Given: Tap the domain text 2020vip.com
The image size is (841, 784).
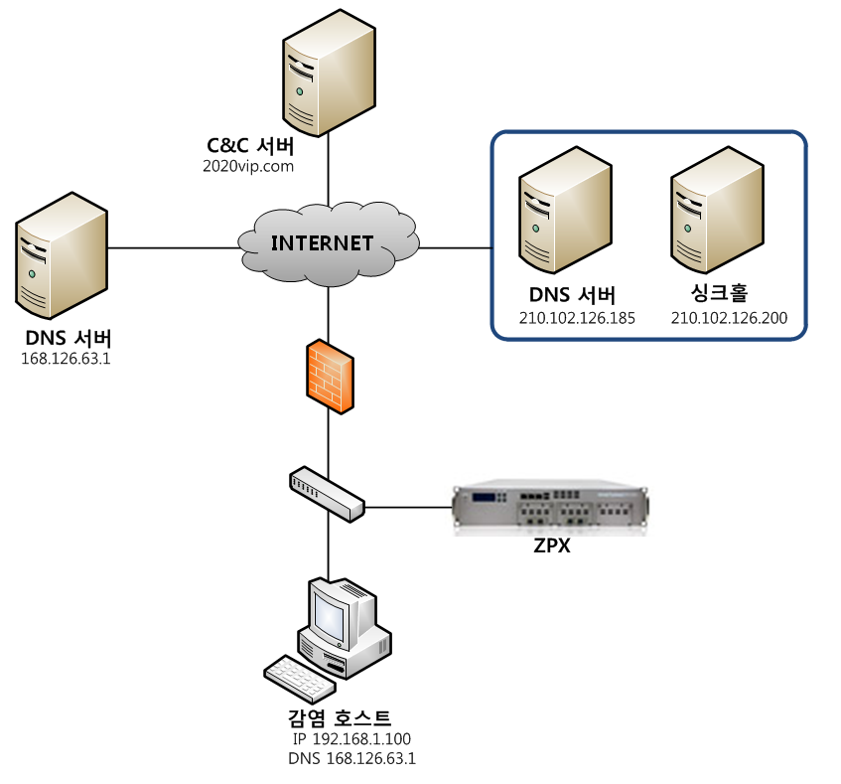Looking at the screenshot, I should coord(248,166).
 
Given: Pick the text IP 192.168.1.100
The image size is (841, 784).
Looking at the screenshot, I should coord(351,739).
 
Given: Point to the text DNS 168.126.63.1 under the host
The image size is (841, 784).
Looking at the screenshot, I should coord(351,759).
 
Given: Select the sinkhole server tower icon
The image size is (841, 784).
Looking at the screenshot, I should coord(713,212).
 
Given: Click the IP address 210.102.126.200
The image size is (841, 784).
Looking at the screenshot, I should coord(729,318).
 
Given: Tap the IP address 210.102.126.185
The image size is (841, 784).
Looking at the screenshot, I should coord(577,318).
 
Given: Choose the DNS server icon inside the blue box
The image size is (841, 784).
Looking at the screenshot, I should coord(562,212).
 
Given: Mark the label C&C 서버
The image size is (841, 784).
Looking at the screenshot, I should coord(248,145).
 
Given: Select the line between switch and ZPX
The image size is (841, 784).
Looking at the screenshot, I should coord(408,507).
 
